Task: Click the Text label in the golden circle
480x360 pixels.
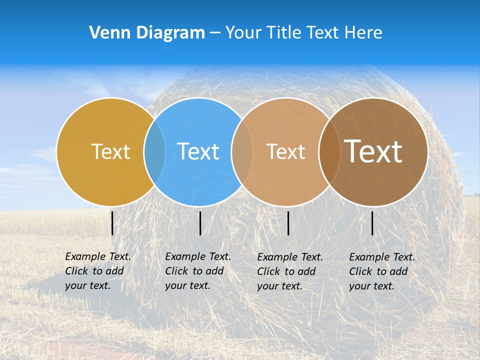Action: (110, 151)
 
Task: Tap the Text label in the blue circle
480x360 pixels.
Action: (198, 151)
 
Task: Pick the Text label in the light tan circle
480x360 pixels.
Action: (285, 151)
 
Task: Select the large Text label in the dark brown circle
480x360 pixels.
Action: (373, 151)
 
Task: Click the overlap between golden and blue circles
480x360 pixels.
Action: (154, 152)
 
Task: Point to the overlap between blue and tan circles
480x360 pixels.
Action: (242, 152)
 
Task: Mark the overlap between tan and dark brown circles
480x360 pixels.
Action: (329, 152)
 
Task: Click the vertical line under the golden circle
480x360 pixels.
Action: (112, 223)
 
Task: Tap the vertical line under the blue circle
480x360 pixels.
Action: (200, 223)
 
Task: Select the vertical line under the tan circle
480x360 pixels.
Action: (288, 223)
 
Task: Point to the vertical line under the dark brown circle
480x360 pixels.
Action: (372, 223)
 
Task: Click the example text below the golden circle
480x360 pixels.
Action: (98, 271)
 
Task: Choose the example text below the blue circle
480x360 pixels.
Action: (198, 271)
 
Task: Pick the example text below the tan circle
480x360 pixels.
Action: (290, 271)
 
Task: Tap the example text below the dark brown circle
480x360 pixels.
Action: (382, 271)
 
